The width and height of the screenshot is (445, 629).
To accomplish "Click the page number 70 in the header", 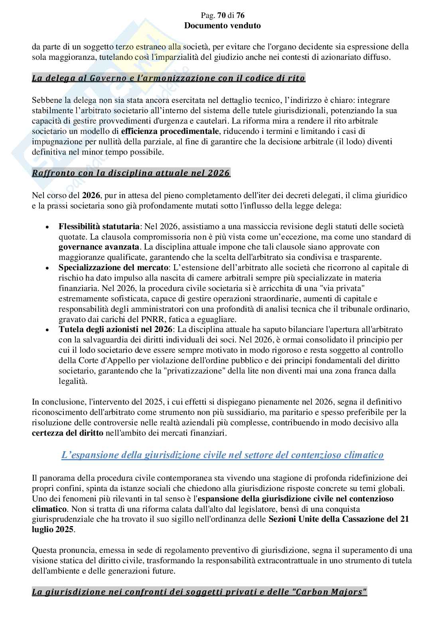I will pos(221,16).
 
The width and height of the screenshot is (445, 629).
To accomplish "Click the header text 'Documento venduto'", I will pos(222,26).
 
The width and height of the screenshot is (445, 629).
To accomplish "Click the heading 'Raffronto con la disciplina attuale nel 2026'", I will pos(131,173).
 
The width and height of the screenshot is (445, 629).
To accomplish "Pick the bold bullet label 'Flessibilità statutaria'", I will pos(99,226).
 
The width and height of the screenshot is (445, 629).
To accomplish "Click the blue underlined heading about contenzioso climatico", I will pos(222,455).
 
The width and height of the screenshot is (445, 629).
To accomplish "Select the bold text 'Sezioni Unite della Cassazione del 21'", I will pos(339,519).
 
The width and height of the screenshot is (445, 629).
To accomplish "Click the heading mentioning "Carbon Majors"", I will pos(199,592).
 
